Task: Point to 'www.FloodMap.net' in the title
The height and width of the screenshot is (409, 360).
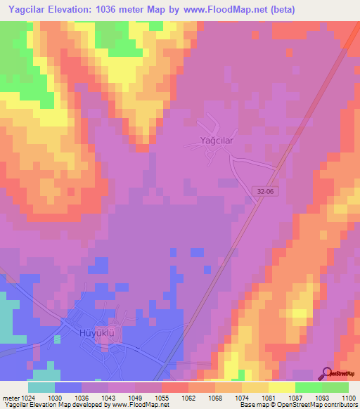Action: [226, 9]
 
